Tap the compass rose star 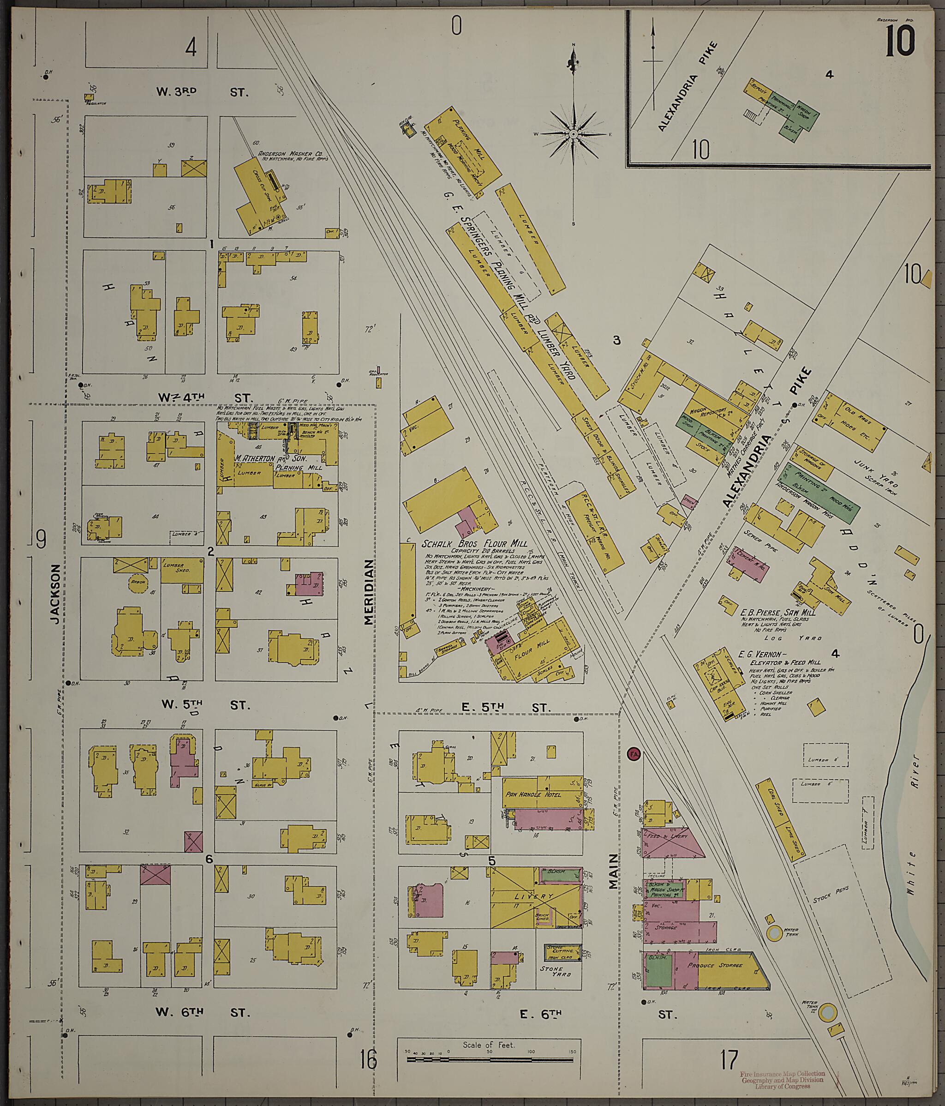(573, 133)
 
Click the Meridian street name (368, 591)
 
